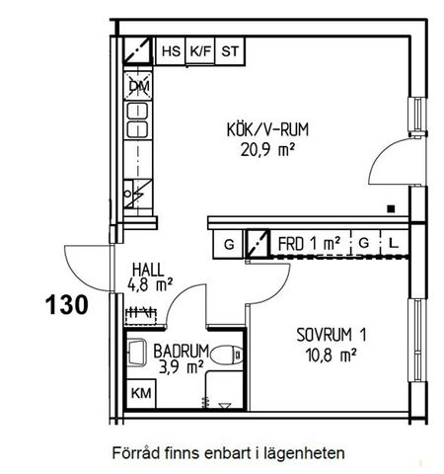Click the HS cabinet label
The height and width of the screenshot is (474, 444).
pos(171,49)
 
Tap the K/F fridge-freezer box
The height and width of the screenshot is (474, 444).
pos(201,49)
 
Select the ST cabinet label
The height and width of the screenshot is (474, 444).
pos(231,49)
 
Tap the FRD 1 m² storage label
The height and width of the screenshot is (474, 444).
pos(309,242)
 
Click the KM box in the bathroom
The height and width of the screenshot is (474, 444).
pos(142,392)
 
